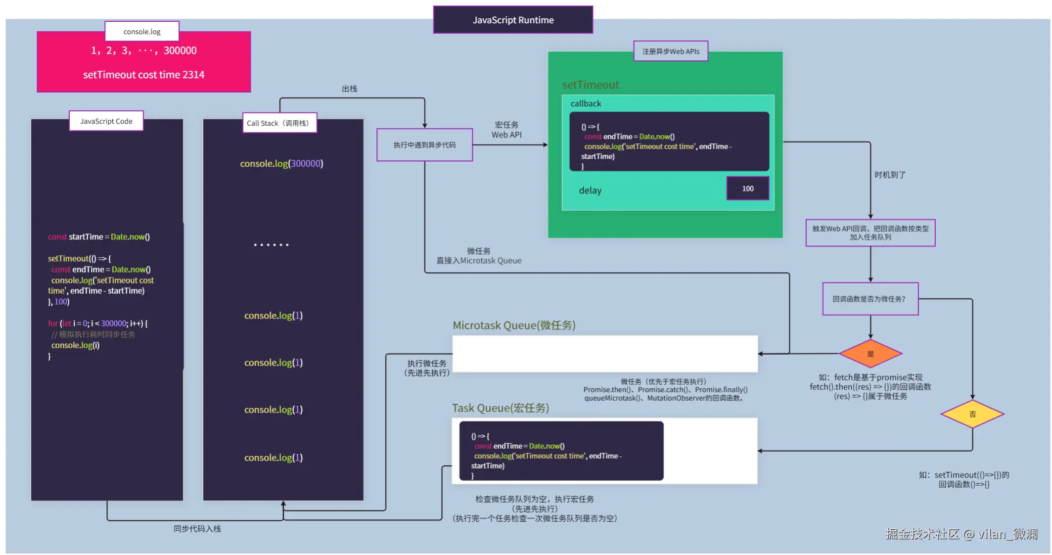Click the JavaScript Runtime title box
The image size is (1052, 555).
point(513,20)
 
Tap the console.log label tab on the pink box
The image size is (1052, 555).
point(142,32)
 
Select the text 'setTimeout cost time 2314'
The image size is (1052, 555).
point(143,75)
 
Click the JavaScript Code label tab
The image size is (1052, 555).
point(106,121)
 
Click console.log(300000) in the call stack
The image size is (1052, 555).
point(281,164)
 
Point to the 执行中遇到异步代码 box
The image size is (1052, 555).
point(424,145)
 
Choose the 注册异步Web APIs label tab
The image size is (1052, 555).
point(671,51)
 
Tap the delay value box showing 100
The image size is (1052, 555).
point(747,188)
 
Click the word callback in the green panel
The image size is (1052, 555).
point(586,104)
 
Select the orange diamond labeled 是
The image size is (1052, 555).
point(870,354)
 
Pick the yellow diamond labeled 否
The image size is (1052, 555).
point(972,414)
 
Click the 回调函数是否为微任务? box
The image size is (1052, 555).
point(870,299)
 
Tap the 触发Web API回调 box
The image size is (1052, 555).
point(870,233)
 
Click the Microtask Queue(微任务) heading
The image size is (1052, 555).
point(514,325)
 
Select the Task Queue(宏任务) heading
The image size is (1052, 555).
point(500,408)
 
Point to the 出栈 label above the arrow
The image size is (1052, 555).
point(349,89)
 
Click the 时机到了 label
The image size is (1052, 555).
point(890,175)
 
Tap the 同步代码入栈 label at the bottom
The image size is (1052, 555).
point(197,529)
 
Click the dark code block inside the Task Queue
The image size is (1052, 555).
point(561,451)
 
